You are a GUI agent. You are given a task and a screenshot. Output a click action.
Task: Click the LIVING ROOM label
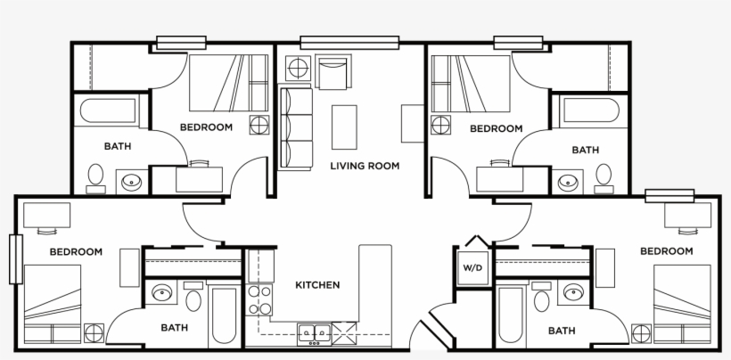[x=365, y=166]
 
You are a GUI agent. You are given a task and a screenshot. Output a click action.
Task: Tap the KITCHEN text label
[x=317, y=285]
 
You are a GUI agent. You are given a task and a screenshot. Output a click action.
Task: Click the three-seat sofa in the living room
[x=295, y=127]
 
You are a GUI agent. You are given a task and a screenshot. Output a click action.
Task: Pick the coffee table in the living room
[x=344, y=127]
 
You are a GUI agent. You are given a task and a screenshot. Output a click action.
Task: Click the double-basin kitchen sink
[x=311, y=332]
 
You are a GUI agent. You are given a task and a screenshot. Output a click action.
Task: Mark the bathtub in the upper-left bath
[x=111, y=112]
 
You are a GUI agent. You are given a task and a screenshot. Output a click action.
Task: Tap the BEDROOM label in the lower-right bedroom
[x=667, y=251]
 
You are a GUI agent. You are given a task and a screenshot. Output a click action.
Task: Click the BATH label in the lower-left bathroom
[x=175, y=327]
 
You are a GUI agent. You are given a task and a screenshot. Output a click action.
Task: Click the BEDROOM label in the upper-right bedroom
[x=496, y=128]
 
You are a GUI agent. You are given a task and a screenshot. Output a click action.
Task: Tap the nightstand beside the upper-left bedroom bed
[x=259, y=124]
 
